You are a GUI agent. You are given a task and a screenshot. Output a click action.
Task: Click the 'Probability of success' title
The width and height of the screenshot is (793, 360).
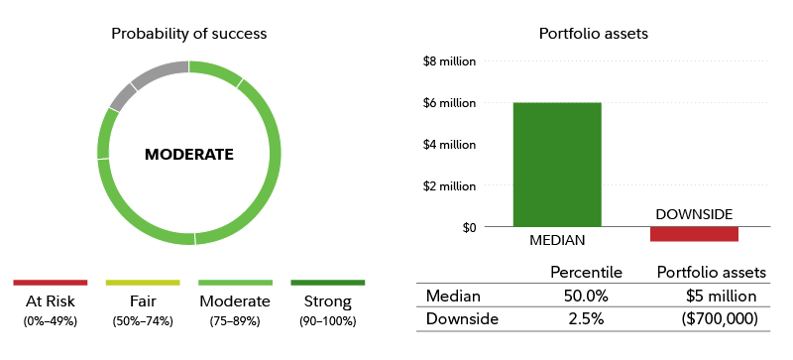[188, 34]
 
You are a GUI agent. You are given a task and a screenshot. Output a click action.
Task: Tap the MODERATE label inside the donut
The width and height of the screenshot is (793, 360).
[188, 155]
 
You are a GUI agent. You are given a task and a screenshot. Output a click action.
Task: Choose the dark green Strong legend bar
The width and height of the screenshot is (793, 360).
[327, 283]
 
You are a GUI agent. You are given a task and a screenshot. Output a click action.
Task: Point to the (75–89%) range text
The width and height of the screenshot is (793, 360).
[235, 321]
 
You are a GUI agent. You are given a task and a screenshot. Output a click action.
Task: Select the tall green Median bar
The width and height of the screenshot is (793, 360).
[556, 165]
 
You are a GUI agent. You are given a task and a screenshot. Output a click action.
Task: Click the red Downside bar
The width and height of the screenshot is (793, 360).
[694, 234]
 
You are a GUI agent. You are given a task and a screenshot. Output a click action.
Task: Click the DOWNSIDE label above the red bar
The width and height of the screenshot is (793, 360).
[694, 214]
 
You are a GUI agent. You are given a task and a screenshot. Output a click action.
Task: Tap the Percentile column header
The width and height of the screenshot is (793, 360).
[586, 272]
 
